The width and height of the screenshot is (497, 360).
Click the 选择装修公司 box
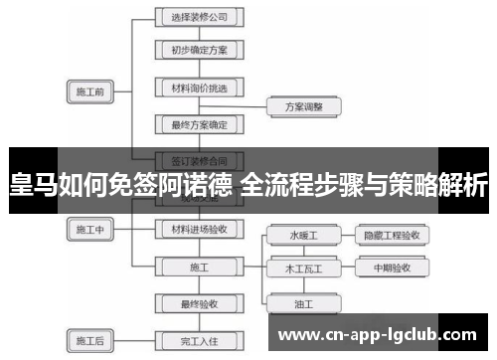[199, 17]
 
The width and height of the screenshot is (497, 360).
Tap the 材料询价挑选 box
[199, 88]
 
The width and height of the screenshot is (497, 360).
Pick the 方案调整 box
[303, 105]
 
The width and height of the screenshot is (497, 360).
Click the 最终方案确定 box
[199, 124]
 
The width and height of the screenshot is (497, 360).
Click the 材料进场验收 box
[199, 228]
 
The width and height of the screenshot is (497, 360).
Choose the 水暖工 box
[304, 236]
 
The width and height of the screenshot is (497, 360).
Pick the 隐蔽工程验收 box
[394, 236]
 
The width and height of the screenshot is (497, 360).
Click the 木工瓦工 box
[304, 268]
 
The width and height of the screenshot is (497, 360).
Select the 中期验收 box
[394, 268]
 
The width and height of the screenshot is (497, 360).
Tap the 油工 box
[304, 301]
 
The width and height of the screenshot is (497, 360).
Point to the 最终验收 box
[199, 303]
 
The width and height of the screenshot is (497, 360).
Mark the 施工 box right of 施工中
[199, 267]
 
